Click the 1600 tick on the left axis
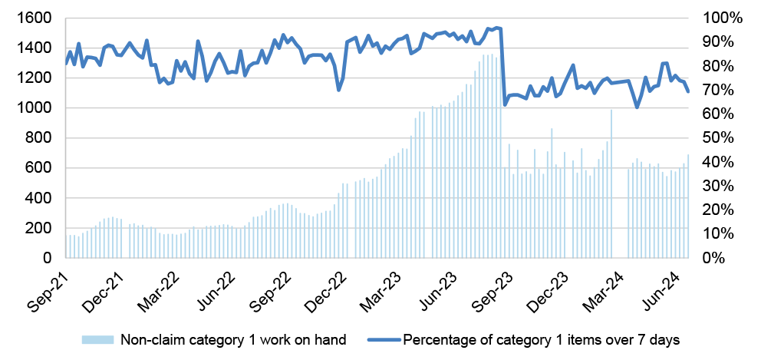click(37, 18)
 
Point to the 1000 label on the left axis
click(37, 108)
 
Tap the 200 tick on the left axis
click(41, 229)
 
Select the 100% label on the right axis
click(724, 18)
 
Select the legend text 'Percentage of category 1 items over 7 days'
click(542, 339)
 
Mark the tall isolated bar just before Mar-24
click(611, 184)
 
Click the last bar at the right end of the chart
click(688, 206)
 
